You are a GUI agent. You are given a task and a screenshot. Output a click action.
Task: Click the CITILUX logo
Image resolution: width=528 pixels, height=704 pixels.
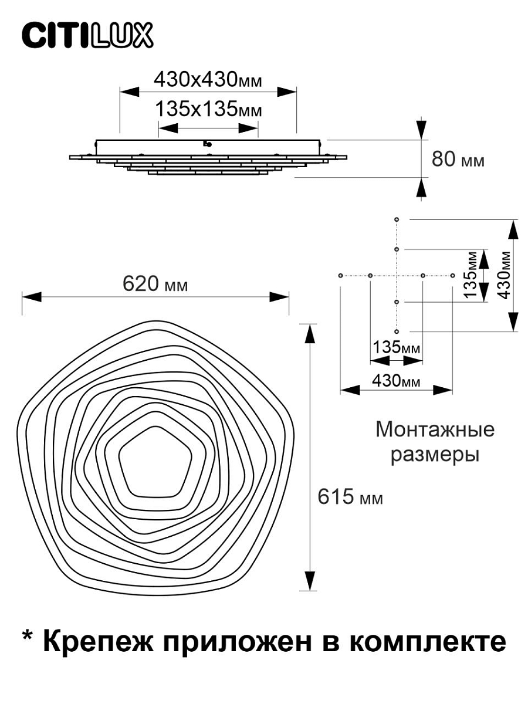(x=87, y=36)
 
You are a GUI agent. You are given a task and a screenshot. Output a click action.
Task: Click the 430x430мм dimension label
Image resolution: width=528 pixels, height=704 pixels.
(x=207, y=79)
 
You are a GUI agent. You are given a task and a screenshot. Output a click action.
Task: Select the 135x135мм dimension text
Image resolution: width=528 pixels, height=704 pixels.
(x=208, y=109)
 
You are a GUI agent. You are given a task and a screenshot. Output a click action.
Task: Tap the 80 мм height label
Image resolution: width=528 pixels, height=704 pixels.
(x=458, y=160)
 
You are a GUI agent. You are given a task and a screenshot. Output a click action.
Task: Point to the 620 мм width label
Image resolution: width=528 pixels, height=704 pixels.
(x=155, y=284)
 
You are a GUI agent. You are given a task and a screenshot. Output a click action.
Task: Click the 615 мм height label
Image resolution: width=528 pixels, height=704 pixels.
(x=350, y=497)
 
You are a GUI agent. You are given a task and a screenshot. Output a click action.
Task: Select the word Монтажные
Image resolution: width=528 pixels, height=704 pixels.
(x=435, y=429)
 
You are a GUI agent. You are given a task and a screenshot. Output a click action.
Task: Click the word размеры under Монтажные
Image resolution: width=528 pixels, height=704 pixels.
(x=435, y=454)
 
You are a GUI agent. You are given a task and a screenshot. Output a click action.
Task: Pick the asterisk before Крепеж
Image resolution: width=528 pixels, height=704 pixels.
(x=28, y=638)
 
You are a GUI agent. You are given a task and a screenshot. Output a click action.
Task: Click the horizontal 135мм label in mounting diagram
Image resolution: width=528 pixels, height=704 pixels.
(x=397, y=347)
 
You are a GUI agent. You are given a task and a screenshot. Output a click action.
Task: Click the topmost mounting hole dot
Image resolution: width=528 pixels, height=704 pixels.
(x=397, y=219)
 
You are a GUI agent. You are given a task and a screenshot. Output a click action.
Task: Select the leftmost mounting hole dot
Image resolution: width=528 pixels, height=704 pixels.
(x=341, y=275)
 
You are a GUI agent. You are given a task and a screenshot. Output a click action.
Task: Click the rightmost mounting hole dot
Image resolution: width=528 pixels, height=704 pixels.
(x=452, y=275)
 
